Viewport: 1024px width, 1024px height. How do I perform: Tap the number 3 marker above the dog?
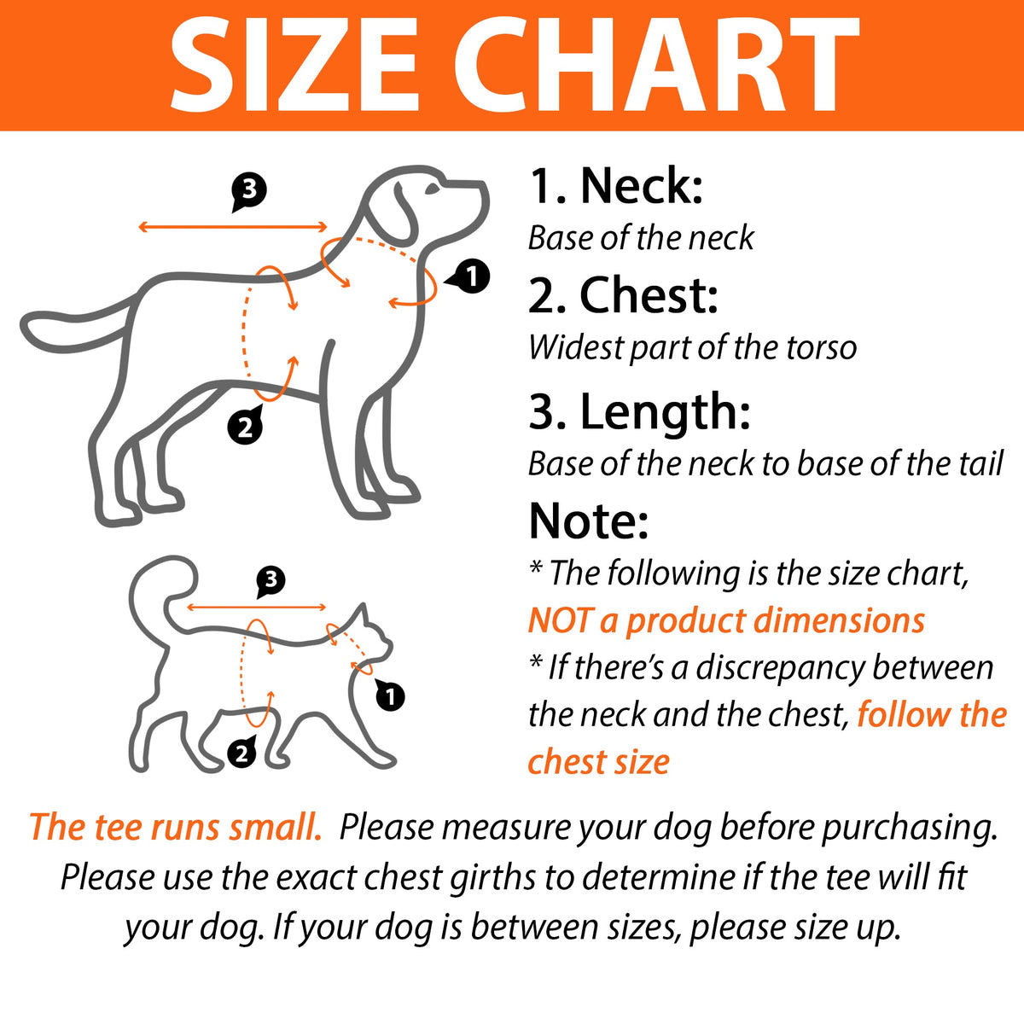pyautogui.click(x=248, y=191)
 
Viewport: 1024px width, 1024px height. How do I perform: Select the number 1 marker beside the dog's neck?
pyautogui.click(x=468, y=276)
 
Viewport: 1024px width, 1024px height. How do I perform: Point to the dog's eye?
pyautogui.click(x=433, y=188)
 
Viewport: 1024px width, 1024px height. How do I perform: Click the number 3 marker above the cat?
pyautogui.click(x=271, y=580)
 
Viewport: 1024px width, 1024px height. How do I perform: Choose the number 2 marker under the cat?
pyautogui.click(x=242, y=753)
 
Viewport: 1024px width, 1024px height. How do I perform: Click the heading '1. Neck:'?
pyautogui.click(x=616, y=185)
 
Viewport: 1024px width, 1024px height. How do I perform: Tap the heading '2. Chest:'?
pyautogui.click(x=623, y=295)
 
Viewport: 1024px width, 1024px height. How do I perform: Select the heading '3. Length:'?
pyautogui.click(x=639, y=414)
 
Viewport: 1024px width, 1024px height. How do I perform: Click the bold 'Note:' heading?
pyautogui.click(x=589, y=521)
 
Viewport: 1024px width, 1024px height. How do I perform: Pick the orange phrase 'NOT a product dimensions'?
pyautogui.click(x=726, y=620)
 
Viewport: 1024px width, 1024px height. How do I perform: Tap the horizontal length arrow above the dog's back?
pyautogui.click(x=233, y=228)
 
